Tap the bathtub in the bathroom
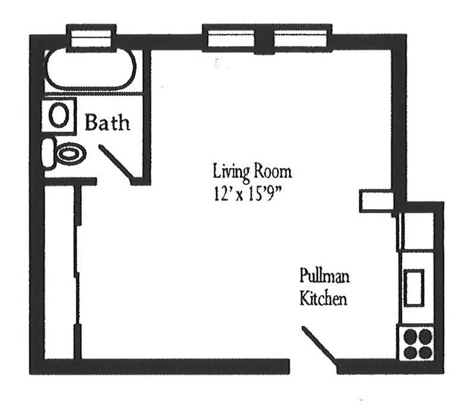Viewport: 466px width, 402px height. [91, 70]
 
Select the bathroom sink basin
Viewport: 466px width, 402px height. [58, 115]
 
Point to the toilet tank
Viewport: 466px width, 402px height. [48, 153]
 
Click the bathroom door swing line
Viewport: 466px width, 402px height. [115, 161]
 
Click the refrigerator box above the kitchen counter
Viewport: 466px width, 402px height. [417, 231]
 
